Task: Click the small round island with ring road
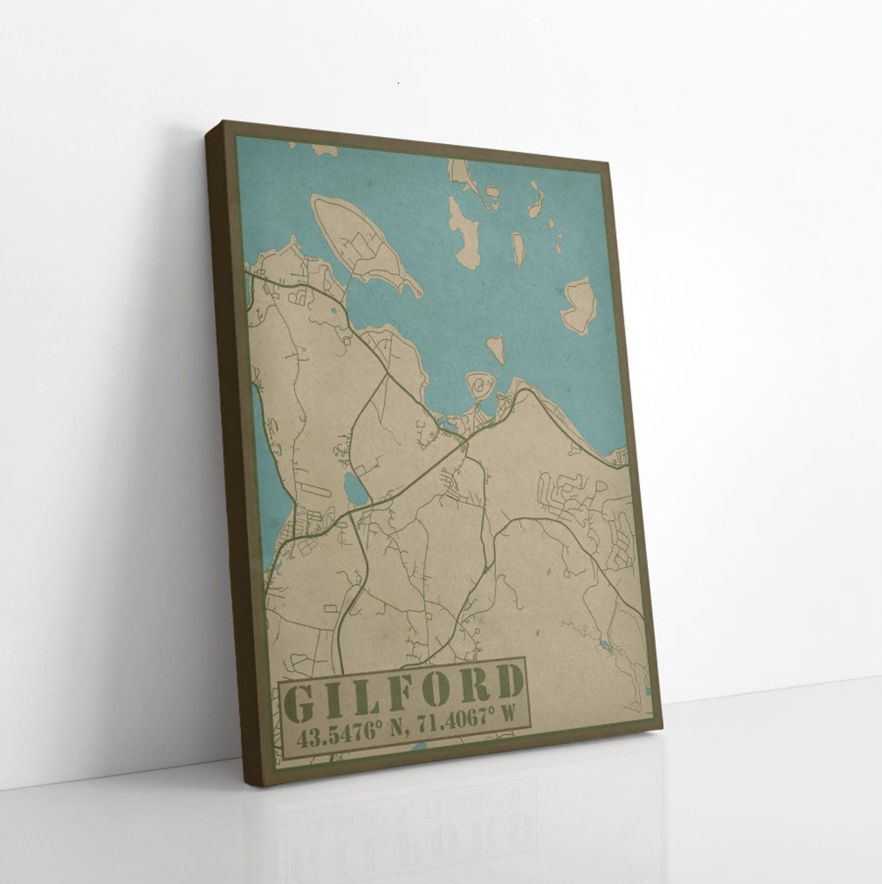pos(479,384)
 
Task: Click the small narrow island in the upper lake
pos(518,248)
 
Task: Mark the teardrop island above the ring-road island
pos(496,348)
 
